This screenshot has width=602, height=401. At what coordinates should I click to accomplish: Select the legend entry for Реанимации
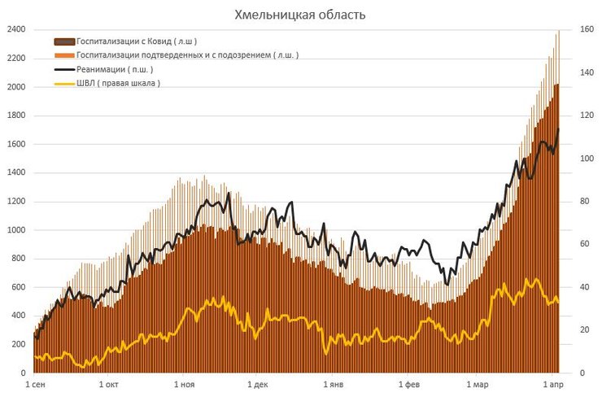(115, 69)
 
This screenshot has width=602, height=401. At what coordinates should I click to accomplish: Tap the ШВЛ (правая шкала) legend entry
(118, 83)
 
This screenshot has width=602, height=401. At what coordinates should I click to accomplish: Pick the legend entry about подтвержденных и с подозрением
(187, 54)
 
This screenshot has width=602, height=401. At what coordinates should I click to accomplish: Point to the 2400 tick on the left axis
(15, 30)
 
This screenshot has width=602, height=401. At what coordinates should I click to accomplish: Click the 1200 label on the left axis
(15, 202)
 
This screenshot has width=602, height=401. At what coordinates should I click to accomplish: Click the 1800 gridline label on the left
(15, 116)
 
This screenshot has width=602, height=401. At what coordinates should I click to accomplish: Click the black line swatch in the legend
(64, 69)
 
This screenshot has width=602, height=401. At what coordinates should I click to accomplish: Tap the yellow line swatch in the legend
(64, 83)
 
